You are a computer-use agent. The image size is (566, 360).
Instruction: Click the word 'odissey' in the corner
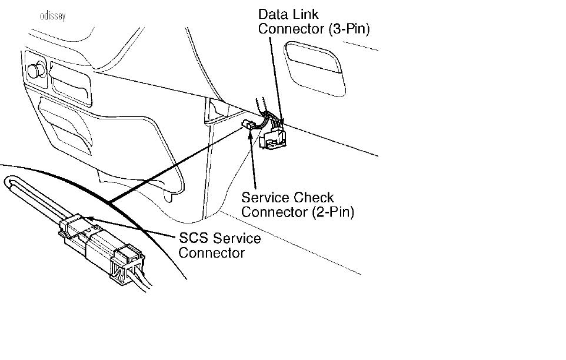point(53,16)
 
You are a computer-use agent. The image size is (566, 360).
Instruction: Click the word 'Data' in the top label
point(273,15)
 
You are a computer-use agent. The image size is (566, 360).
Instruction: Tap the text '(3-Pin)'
point(349,29)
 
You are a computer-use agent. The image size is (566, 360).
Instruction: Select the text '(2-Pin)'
point(333,212)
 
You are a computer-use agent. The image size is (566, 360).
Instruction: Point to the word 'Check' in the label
point(314,198)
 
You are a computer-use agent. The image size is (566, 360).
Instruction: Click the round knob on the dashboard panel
point(36,70)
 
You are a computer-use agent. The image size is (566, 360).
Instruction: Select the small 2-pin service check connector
point(248,125)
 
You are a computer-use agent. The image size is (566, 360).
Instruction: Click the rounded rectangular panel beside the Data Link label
point(315,69)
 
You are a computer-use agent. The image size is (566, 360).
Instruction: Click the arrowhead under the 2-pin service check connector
point(250,135)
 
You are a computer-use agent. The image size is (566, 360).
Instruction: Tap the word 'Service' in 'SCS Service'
point(237,238)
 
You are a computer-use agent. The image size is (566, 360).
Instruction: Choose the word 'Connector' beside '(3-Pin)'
point(292,29)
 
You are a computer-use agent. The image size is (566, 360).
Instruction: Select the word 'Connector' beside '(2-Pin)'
point(275,212)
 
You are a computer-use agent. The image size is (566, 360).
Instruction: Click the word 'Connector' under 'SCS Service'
point(212,253)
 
